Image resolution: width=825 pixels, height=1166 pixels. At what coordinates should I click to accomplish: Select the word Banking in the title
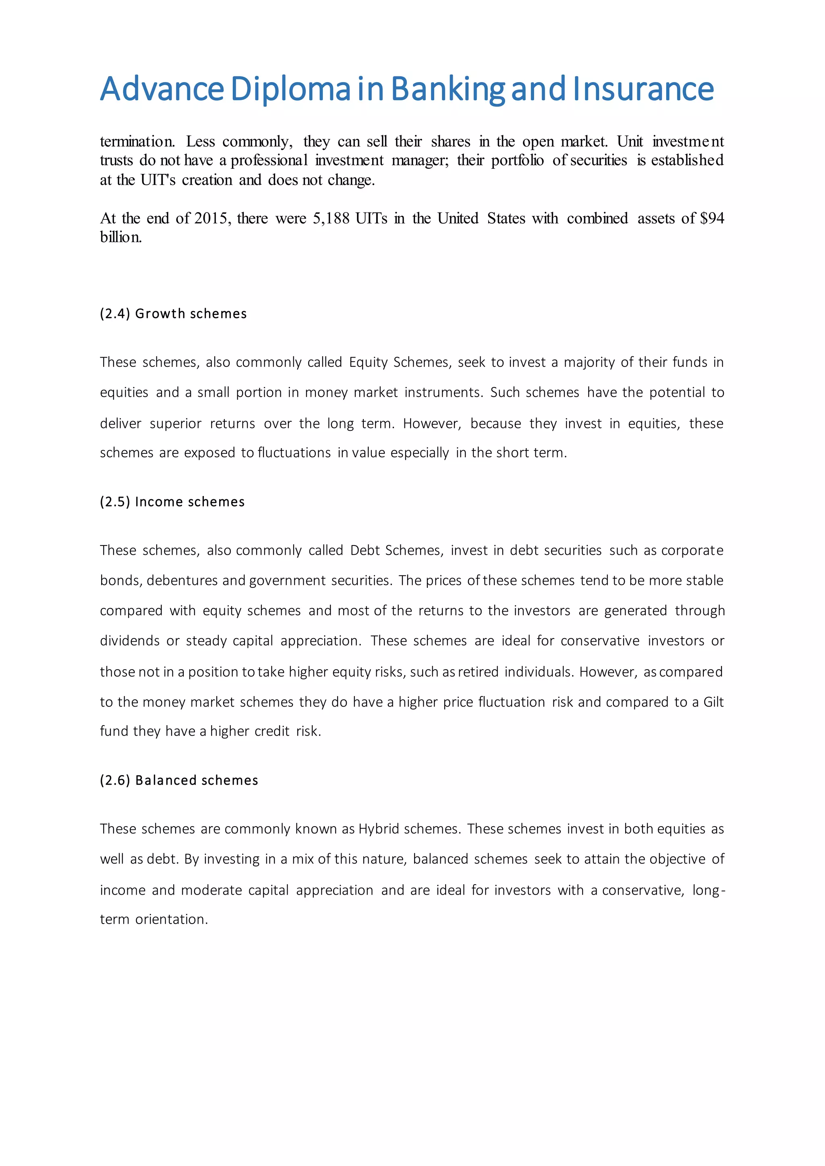(448, 89)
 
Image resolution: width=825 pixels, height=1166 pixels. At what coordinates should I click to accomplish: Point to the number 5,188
(331, 218)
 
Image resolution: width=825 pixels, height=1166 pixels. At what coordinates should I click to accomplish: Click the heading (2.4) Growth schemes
(173, 314)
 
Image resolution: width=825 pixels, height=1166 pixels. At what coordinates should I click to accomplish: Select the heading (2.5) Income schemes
(172, 502)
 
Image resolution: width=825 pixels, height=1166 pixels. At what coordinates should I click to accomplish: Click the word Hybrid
(379, 829)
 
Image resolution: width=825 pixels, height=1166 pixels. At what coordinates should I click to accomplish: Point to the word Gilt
(713, 702)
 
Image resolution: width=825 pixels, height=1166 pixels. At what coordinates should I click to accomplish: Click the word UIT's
(158, 180)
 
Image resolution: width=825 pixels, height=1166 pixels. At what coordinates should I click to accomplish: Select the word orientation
(172, 919)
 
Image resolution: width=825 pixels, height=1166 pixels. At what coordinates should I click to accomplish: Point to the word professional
(269, 161)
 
